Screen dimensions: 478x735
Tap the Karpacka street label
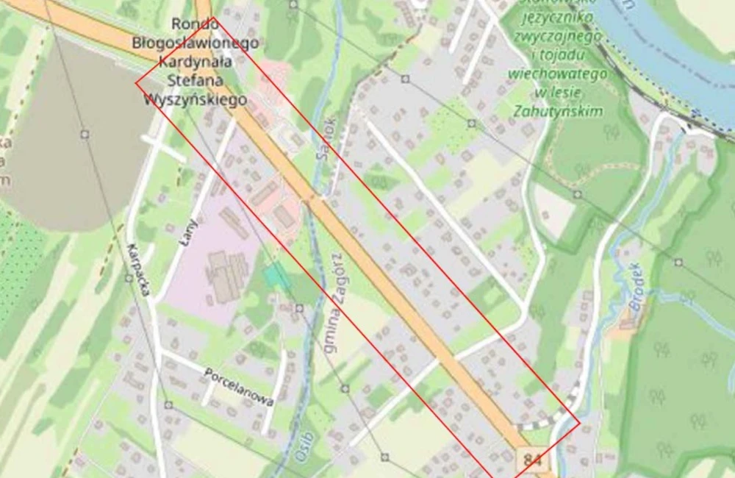[x=138, y=270]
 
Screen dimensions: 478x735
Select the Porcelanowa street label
[x=240, y=387]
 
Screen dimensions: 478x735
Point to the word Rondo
[x=195, y=24]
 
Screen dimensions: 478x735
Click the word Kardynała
[x=196, y=62]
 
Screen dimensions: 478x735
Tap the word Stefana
[x=196, y=80]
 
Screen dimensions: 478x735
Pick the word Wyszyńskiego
[x=196, y=99]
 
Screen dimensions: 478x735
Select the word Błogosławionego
[x=196, y=43]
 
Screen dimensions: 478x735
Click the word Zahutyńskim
[x=559, y=111]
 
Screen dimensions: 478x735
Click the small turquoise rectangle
[x=276, y=276]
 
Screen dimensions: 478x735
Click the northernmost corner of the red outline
[x=212, y=18]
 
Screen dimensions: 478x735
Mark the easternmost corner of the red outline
[x=579, y=421]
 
